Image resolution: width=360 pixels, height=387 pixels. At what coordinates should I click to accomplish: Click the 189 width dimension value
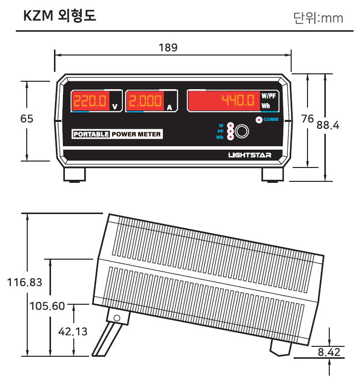point(168,48)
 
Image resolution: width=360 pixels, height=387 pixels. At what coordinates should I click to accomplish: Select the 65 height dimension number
point(27,119)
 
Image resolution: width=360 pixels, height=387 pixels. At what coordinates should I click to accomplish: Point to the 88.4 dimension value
point(328,125)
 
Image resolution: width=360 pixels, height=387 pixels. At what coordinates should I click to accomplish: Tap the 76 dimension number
point(307,119)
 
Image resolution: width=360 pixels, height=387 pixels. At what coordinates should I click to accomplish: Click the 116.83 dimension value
point(24,282)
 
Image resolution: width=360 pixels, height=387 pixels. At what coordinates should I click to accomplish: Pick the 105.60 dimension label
point(47,306)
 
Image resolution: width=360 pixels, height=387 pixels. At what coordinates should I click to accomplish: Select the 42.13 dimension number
point(73,332)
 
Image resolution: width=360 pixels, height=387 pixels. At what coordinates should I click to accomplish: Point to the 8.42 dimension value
point(329,352)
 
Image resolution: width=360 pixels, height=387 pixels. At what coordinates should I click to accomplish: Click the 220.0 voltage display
point(90,101)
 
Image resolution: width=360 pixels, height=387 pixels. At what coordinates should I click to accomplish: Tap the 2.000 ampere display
point(145,101)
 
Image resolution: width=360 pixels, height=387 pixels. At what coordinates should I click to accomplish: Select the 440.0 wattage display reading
point(238,100)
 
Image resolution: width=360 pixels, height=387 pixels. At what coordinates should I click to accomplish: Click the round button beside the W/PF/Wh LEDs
point(242,131)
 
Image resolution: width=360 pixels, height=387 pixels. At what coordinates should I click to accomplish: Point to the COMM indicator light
point(259,120)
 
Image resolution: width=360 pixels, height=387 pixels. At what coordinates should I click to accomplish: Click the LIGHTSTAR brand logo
point(250,155)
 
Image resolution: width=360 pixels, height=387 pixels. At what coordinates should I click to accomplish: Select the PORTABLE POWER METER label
point(117,134)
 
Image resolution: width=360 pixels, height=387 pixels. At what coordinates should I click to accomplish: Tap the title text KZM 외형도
point(59,15)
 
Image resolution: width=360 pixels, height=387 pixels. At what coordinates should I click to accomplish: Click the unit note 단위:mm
point(318,18)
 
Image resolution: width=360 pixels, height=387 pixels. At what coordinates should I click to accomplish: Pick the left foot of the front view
point(74,175)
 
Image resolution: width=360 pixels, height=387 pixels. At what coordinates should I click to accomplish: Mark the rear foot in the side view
point(281,348)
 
